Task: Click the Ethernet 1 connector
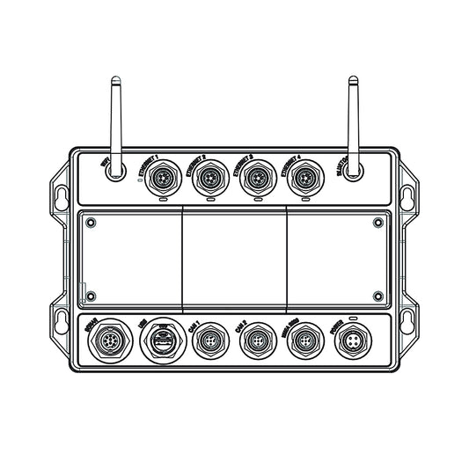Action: [161, 179]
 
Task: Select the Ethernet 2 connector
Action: [209, 179]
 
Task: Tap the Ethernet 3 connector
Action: [257, 179]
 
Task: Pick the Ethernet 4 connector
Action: [305, 179]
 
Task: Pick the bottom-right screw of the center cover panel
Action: [377, 296]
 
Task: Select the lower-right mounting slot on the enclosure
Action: [409, 319]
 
